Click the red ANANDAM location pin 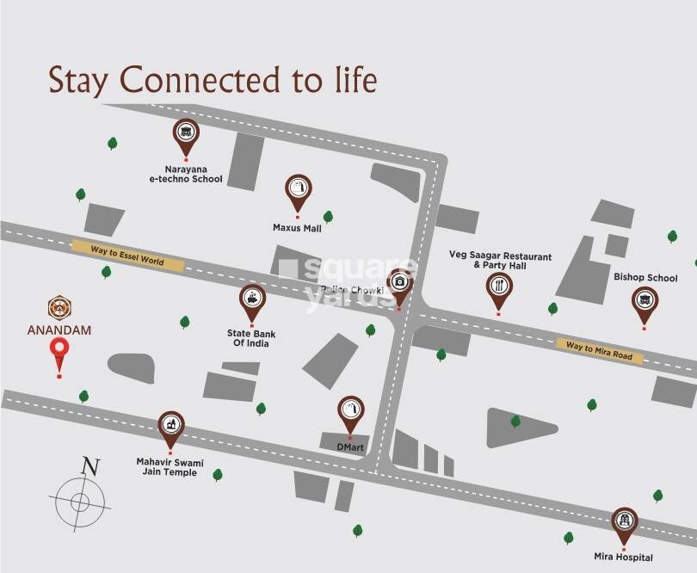[59, 351]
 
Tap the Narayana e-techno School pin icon [185, 133]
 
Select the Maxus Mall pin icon [298, 189]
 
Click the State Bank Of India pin [252, 299]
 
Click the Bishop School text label [645, 278]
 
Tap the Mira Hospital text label [623, 558]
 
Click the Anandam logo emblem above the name [59, 306]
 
